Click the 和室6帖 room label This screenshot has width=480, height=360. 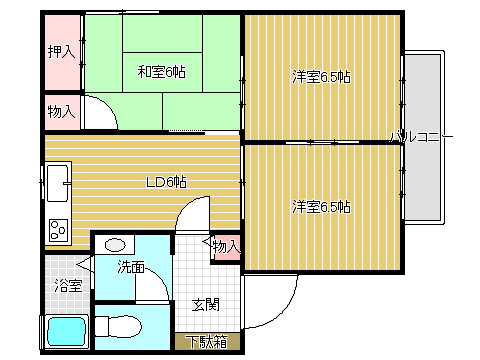point(161,72)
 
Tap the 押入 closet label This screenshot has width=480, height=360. point(61,52)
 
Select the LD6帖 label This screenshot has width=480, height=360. point(166,182)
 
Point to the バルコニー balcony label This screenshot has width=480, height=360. point(422,137)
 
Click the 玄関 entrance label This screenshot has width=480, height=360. point(206,305)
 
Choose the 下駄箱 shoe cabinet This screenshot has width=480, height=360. point(207,341)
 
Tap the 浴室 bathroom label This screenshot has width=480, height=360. point(68,286)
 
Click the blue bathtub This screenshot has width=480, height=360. point(67,332)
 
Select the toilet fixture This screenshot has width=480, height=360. point(118,326)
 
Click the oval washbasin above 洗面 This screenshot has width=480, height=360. point(115,245)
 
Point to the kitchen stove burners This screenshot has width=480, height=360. point(58,230)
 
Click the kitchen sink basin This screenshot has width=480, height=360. point(59,183)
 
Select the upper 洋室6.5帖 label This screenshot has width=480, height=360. point(321,77)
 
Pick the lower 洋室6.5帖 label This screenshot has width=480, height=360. point(321,207)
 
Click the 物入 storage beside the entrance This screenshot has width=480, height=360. point(226,247)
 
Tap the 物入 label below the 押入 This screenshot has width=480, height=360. point(61,111)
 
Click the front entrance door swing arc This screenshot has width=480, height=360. point(284,309)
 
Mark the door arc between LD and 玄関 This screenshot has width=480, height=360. point(186,206)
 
